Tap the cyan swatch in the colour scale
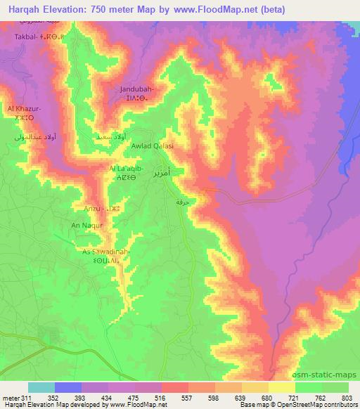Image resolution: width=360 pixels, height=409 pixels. [x=41, y=387]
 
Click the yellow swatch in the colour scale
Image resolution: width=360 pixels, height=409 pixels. [x=281, y=387]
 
